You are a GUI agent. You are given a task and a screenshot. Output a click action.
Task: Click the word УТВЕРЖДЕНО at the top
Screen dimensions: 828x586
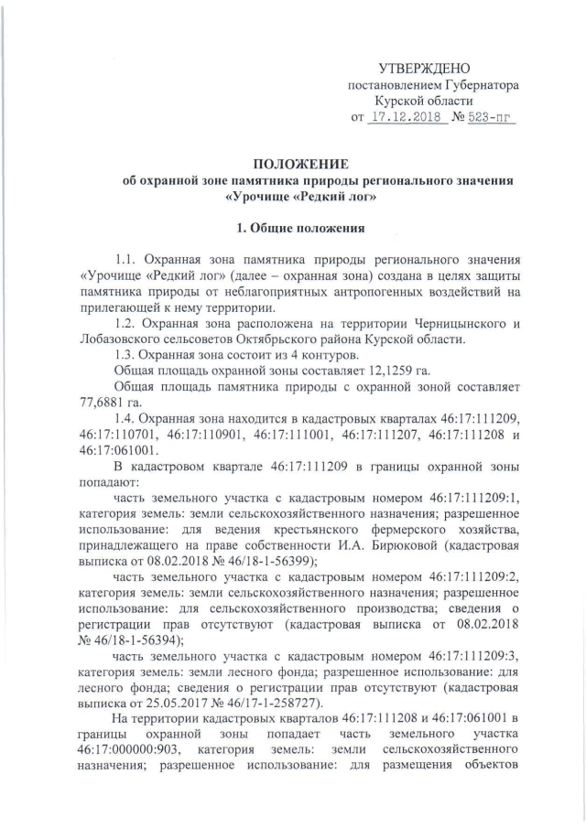(424, 69)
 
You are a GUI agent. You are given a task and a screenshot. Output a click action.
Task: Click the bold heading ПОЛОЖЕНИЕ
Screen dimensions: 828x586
(300, 165)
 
